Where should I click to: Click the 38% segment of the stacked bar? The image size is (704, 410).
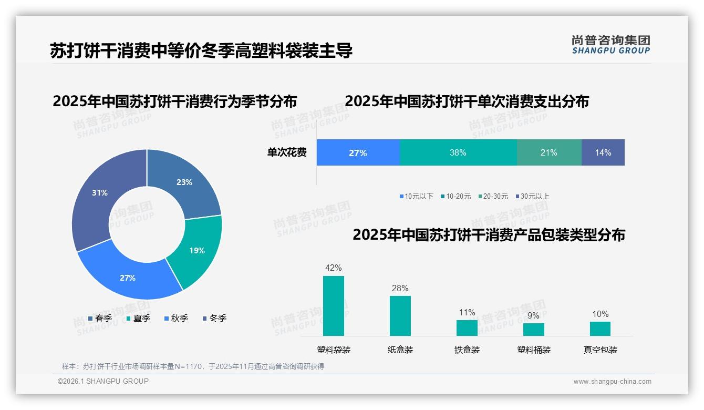point(458,152)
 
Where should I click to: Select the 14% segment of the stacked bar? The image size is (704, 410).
point(603,152)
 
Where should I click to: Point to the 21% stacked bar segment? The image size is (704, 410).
point(549,152)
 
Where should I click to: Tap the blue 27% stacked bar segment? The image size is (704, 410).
point(358,152)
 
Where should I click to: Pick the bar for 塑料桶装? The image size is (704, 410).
point(533,330)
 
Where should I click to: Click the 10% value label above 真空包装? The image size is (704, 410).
point(600,314)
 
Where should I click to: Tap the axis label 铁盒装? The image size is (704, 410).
point(467,350)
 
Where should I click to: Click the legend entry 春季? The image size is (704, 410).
point(100,318)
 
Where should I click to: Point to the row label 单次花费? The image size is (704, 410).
point(287,152)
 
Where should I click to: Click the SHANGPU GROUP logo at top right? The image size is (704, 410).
point(610,45)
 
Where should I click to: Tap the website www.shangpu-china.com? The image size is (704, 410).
point(612,381)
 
